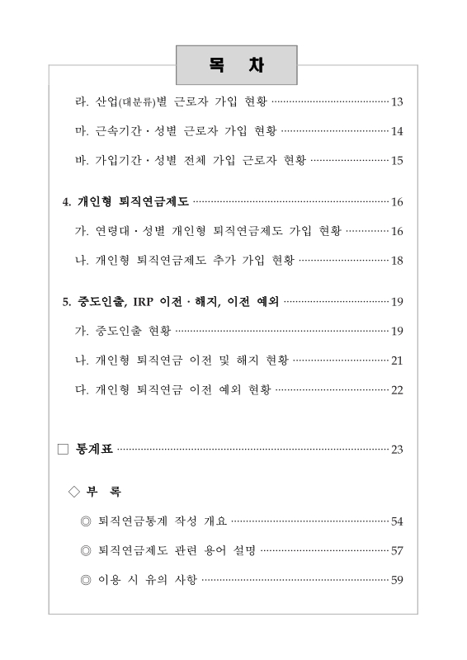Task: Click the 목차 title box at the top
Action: tap(235, 65)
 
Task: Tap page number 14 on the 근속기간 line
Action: tap(396, 131)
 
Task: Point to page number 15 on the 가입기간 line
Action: tap(396, 160)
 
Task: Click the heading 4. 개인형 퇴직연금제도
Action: tap(126, 201)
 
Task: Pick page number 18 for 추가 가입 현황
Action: tap(396, 261)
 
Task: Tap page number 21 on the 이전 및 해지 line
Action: tap(396, 361)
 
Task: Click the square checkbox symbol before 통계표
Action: tap(64, 450)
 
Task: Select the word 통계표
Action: tap(94, 450)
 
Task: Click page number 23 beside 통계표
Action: tap(396, 450)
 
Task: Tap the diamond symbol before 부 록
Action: tap(75, 492)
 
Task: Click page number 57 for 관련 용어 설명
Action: tap(396, 551)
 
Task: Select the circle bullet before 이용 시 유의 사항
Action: tap(86, 580)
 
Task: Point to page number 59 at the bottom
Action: tap(396, 580)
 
